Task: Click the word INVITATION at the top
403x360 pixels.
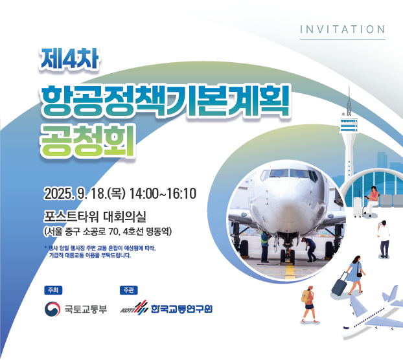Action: [x=343, y=29]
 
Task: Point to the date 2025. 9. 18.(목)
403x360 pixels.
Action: [x=84, y=194]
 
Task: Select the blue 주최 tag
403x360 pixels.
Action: [x=51, y=289]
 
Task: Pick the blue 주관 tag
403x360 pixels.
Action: [x=128, y=289]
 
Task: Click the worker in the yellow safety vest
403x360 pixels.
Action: [x=264, y=247]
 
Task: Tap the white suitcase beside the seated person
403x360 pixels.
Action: [x=358, y=206]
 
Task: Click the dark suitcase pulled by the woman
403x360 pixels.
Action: [x=339, y=286]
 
